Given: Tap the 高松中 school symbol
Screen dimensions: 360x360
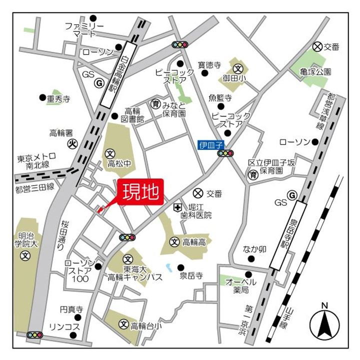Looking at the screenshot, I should click(110, 152).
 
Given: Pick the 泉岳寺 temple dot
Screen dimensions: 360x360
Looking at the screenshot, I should click(181, 267).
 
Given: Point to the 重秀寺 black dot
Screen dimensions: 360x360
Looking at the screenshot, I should click(42, 98).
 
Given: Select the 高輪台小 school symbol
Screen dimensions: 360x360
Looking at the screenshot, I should click(124, 325).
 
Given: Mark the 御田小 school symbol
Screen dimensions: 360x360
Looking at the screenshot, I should click(238, 68).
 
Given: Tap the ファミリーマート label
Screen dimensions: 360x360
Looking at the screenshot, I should click(84, 30).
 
